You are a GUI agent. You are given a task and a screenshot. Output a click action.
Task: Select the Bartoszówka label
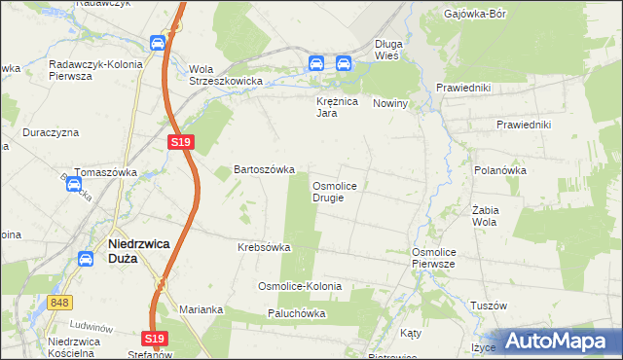pos(264,169)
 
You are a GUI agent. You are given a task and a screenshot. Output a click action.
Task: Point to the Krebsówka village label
pos(264,247)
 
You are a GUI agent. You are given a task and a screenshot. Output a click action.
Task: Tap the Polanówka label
pos(500,169)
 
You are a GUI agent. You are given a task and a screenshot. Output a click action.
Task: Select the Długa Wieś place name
pos(395,50)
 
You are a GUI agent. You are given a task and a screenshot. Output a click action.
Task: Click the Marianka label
pos(202,309)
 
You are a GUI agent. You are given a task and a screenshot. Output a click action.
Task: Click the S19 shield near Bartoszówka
pos(181,142)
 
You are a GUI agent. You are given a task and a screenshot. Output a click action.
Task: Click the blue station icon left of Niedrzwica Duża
pos(86,259)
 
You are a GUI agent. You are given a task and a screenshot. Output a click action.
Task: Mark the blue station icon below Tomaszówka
pos(74,184)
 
